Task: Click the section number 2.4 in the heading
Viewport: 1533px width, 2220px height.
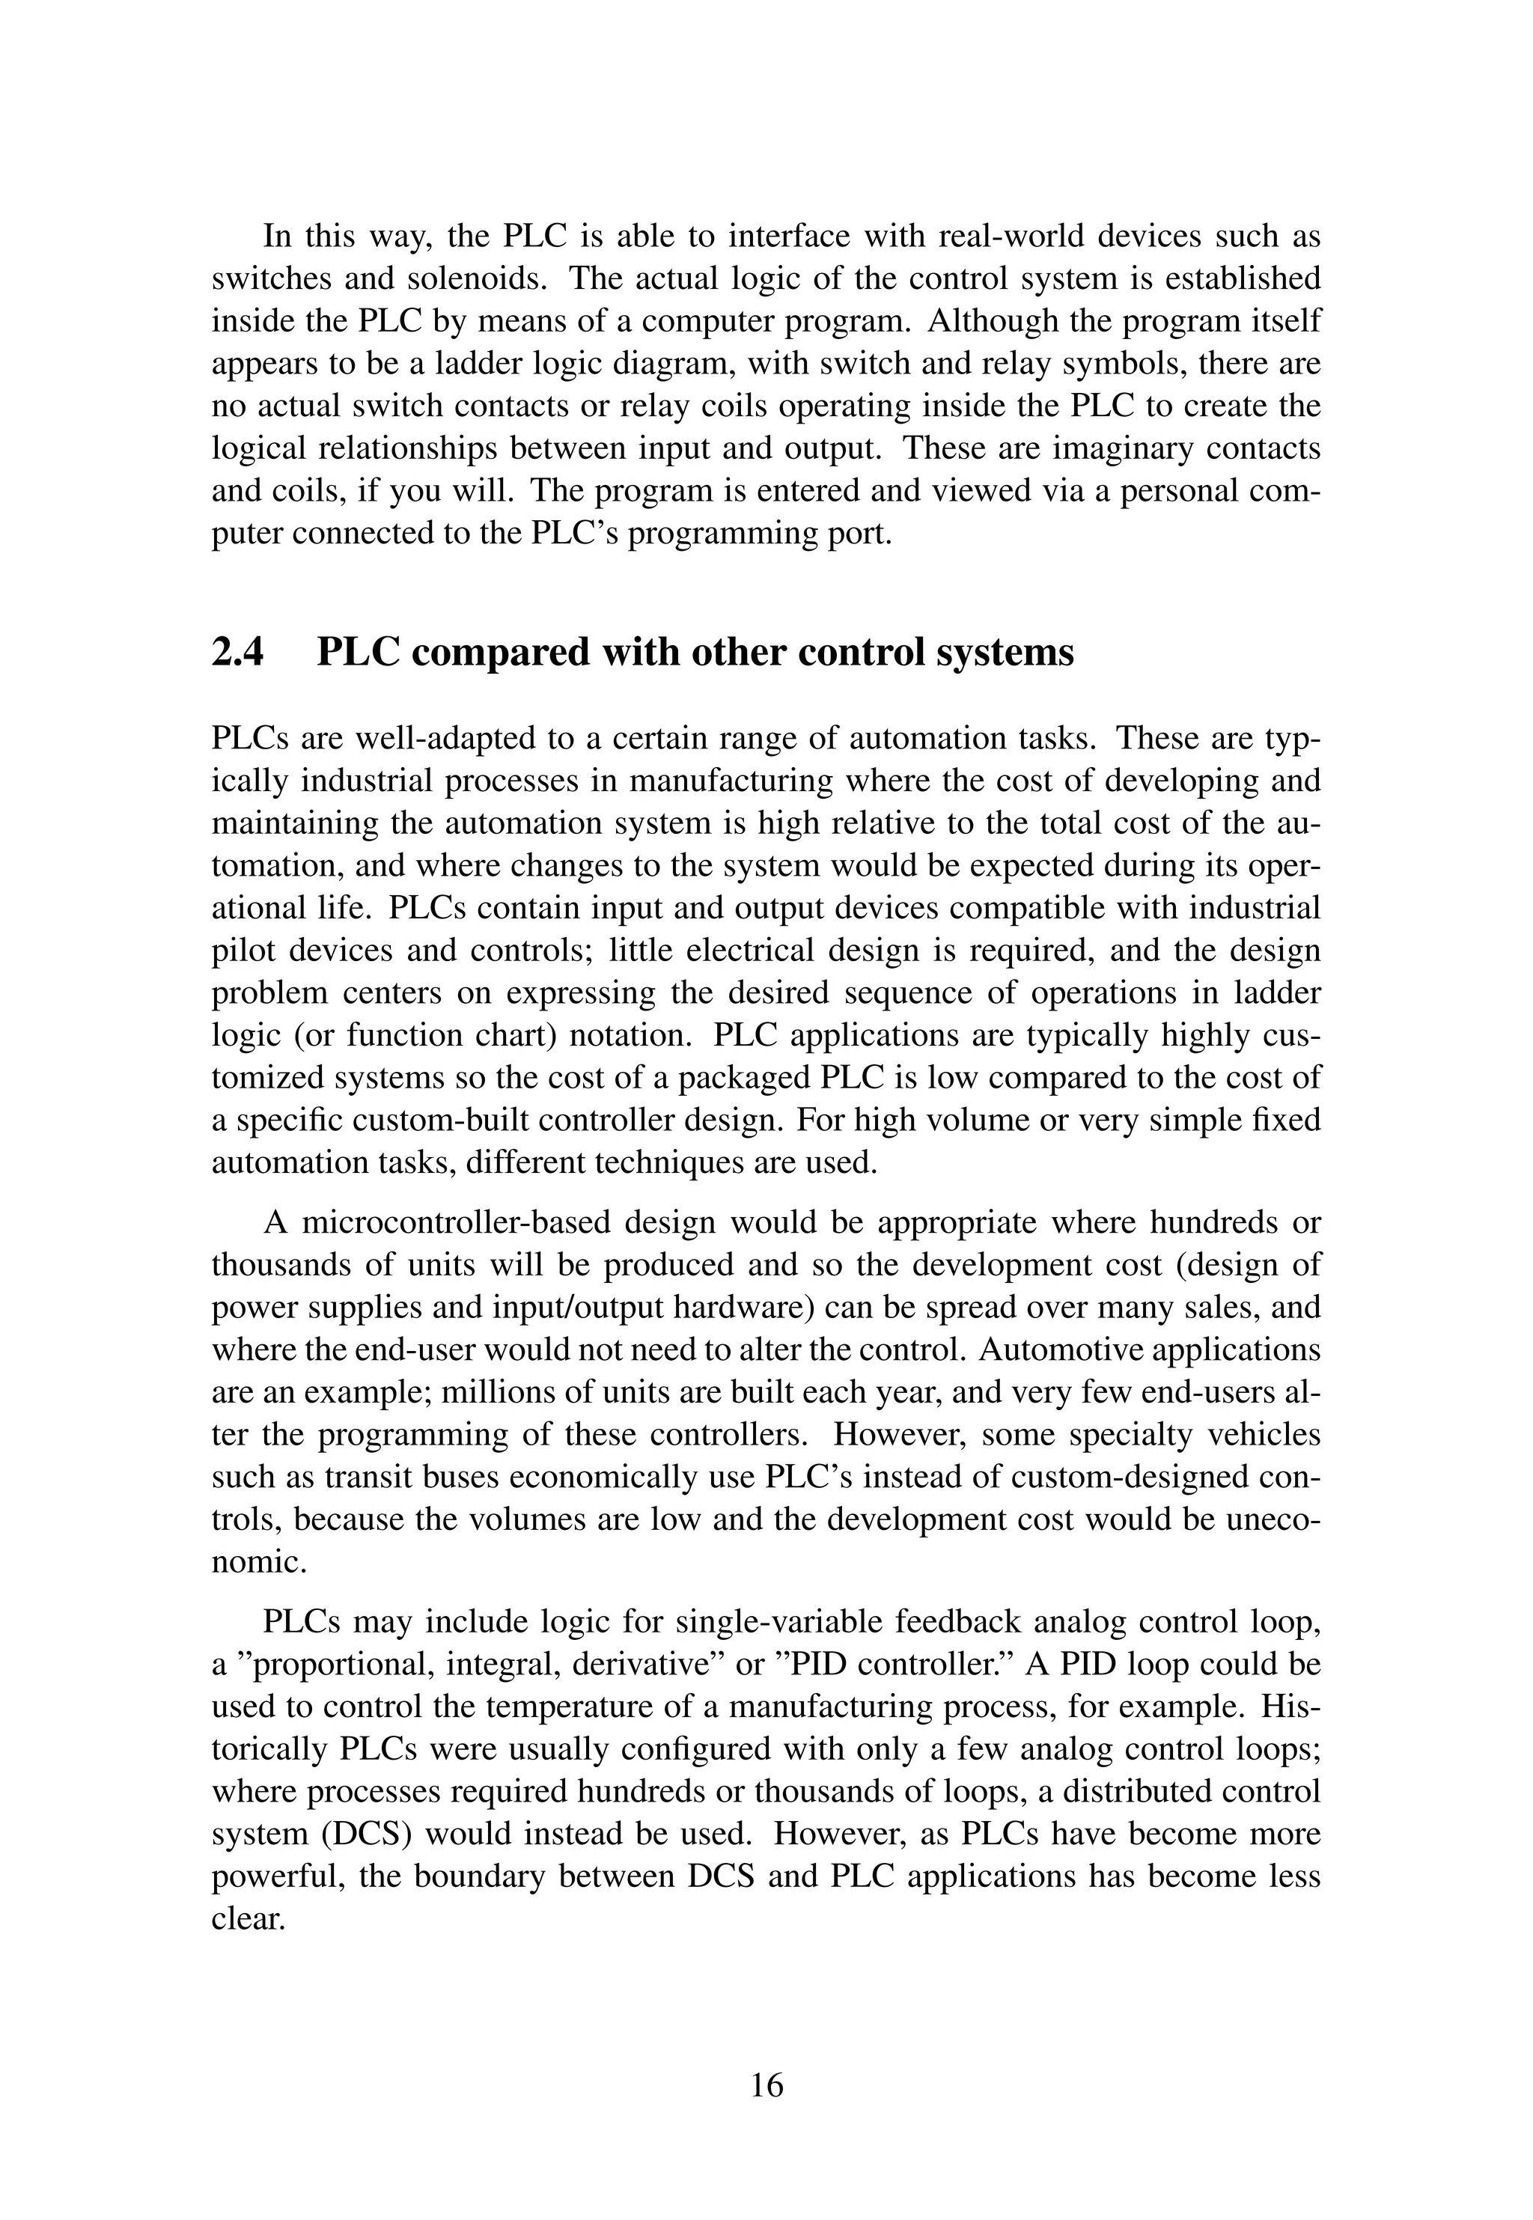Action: [237, 653]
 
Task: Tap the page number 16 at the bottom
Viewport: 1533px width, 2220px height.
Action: [766, 2085]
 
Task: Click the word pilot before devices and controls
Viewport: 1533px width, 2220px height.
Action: [240, 951]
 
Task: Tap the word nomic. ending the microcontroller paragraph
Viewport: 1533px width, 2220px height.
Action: [258, 1561]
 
